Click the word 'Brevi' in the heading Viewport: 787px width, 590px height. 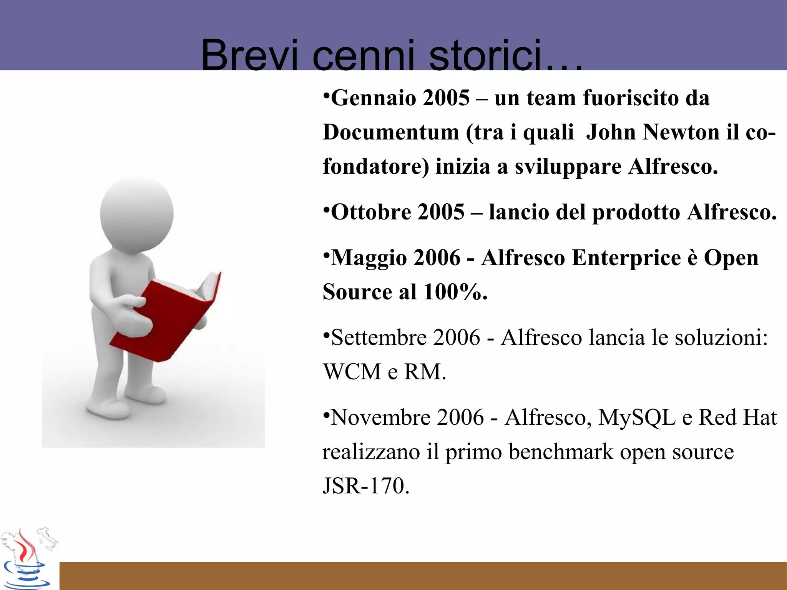click(249, 56)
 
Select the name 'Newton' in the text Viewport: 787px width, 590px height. click(681, 132)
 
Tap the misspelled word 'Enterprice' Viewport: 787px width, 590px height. click(626, 258)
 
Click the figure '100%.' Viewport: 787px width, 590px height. click(455, 292)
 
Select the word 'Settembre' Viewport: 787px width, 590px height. click(379, 337)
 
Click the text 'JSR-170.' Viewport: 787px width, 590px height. click(365, 486)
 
